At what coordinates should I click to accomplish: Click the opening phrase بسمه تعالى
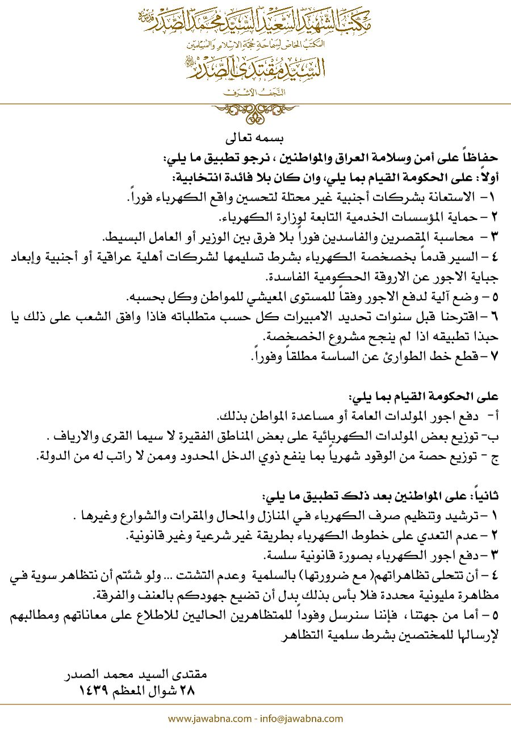(x=254, y=139)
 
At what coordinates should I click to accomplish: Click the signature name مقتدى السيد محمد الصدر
(x=136, y=676)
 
